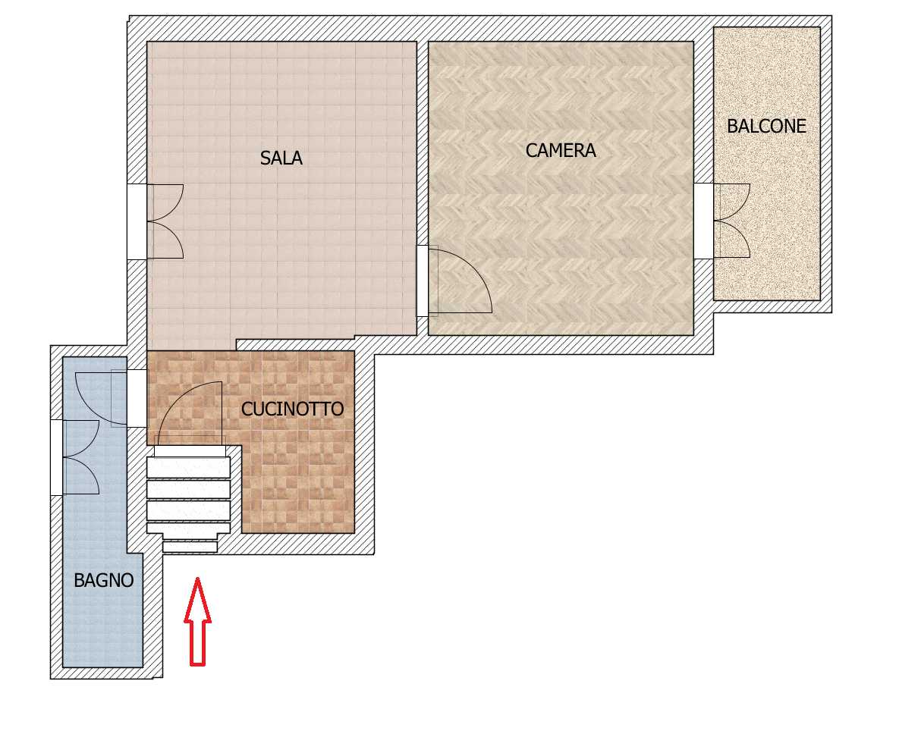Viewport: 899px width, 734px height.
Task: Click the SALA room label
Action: click(281, 158)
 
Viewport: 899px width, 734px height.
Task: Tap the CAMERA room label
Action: click(561, 151)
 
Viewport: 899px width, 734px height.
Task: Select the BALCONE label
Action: click(766, 126)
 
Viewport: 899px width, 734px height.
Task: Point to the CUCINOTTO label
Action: click(292, 409)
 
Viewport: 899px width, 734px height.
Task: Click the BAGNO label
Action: click(104, 580)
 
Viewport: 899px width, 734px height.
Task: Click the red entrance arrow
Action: click(197, 622)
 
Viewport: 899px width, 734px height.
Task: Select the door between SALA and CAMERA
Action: click(454, 281)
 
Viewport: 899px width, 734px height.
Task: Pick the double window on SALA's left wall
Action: click(155, 221)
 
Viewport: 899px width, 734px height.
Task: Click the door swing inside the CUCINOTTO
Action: click(190, 413)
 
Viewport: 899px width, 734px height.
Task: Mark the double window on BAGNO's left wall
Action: click(75, 457)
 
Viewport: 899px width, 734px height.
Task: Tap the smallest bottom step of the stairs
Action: click(190, 547)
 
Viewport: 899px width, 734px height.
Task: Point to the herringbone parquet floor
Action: click(561, 229)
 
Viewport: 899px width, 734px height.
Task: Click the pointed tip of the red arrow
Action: click(197, 578)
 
